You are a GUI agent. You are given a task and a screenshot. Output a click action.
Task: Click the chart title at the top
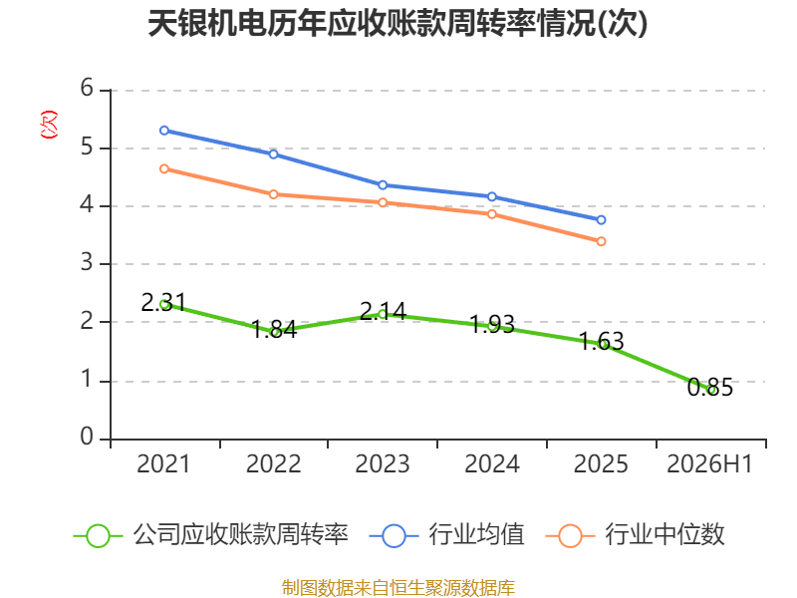point(398,23)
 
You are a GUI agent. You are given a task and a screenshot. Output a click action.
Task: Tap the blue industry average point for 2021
point(164,131)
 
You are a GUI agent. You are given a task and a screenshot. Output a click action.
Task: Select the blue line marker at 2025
point(601,220)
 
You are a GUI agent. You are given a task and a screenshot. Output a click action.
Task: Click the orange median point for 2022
point(273,194)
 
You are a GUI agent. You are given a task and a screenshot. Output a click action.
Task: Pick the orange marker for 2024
point(492,214)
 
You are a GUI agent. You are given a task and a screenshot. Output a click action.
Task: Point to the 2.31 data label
point(163,303)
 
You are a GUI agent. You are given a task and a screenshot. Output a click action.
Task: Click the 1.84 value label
point(274,330)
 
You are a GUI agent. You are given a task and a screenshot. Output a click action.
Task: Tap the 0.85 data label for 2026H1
point(710,388)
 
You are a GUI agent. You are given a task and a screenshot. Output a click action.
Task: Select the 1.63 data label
point(602,341)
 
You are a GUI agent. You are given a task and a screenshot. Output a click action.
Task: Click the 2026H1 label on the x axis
point(709,464)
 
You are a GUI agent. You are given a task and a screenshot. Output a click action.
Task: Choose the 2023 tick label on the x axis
point(383,464)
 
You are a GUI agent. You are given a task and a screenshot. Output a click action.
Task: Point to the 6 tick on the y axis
point(87,89)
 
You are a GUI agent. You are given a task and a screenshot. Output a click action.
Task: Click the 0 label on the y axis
point(87,437)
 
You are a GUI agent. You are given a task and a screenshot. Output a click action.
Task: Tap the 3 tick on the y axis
point(87,263)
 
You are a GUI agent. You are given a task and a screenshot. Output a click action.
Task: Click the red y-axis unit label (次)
point(49,125)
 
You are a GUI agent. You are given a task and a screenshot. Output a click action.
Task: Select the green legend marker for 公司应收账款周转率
point(98,536)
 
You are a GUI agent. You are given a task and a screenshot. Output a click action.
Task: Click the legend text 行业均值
point(476,535)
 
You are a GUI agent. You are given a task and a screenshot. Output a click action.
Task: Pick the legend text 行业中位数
point(664,535)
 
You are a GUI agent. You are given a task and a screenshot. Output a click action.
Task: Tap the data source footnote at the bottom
point(398,588)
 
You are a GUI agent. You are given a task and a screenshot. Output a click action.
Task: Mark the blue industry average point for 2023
point(383,185)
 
